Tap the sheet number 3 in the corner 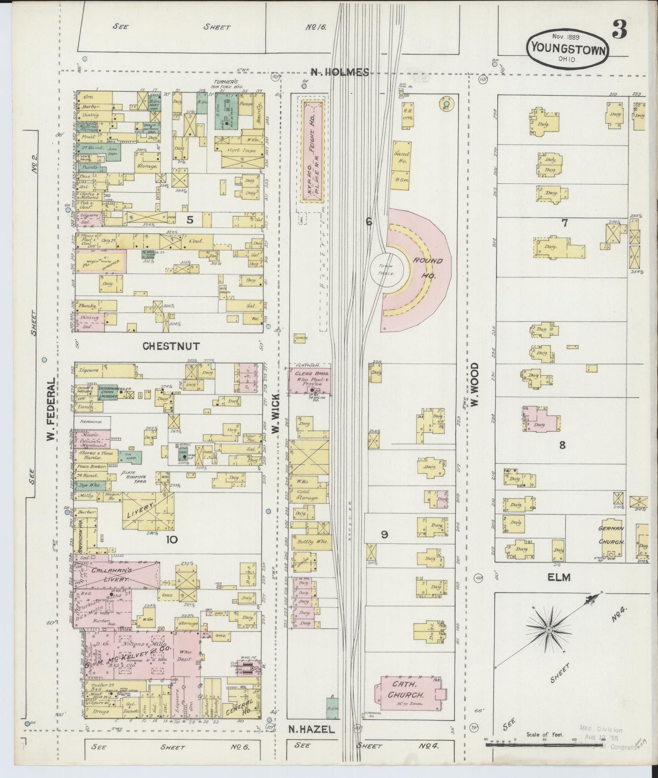coord(619,30)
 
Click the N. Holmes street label coord(339,72)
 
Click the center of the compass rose coord(548,629)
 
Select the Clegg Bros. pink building coord(310,381)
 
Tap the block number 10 coord(172,540)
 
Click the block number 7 coord(565,222)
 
